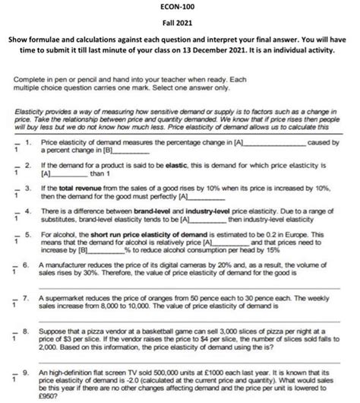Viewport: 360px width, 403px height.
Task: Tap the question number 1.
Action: coord(28,142)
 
